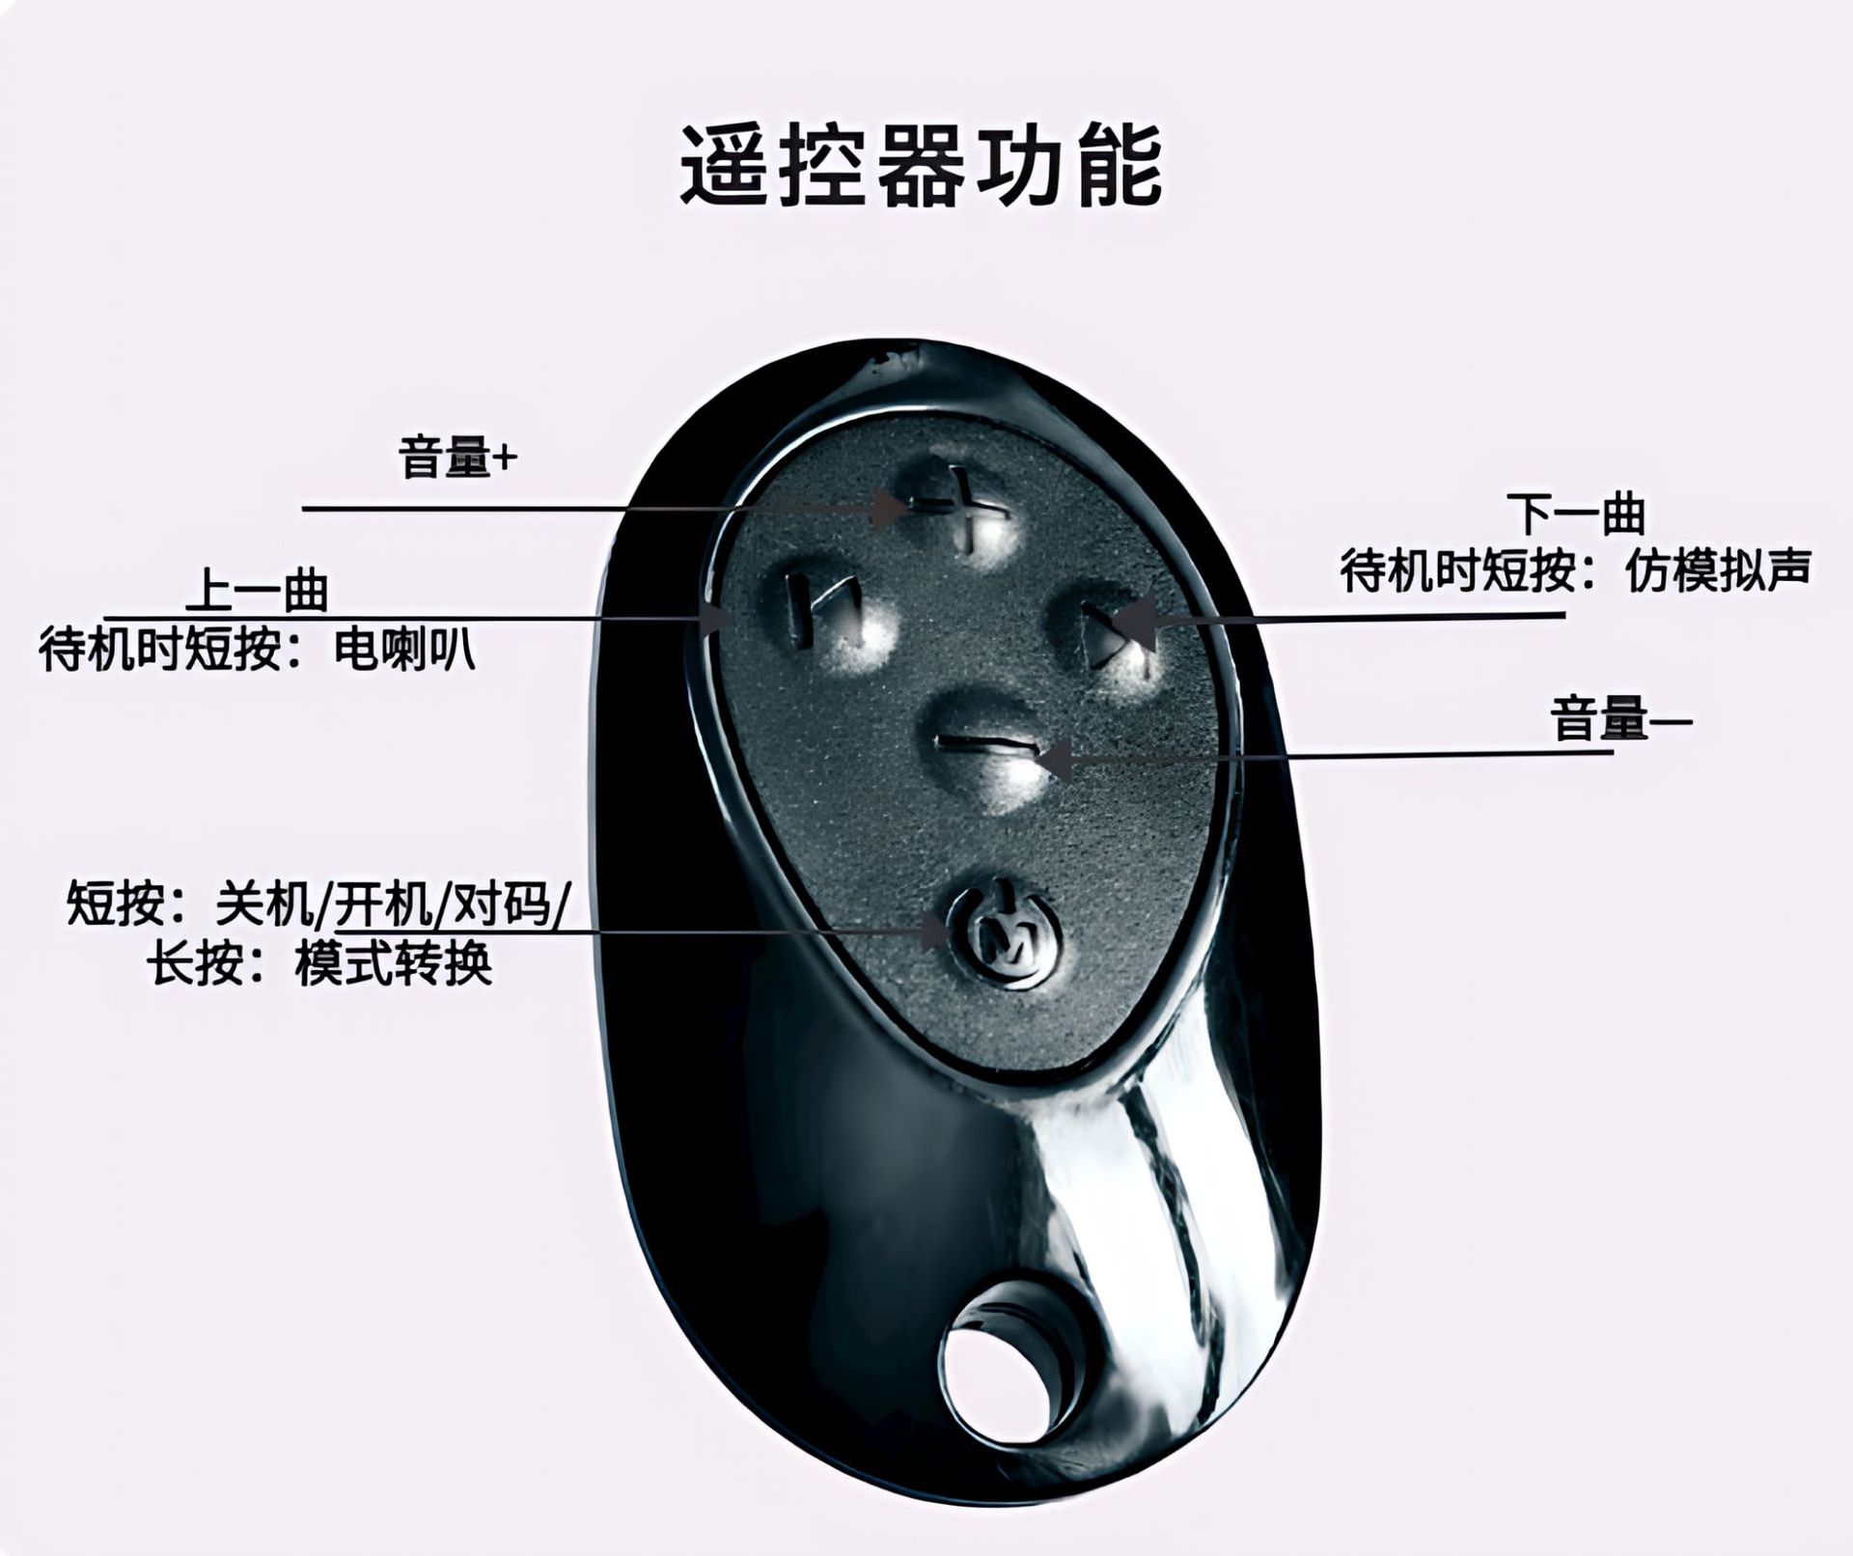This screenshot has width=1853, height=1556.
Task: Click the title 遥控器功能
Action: point(922,166)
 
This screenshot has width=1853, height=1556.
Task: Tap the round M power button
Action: point(1004,934)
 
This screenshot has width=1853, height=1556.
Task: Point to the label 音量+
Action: point(457,458)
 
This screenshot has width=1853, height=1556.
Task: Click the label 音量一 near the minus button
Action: point(1621,720)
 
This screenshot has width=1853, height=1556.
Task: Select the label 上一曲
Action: point(258,591)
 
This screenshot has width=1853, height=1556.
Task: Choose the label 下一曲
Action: point(1576,514)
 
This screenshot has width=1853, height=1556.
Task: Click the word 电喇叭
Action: point(404,652)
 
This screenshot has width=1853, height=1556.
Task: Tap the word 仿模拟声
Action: point(1717,571)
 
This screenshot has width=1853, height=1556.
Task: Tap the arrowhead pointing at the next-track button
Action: point(1139,623)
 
